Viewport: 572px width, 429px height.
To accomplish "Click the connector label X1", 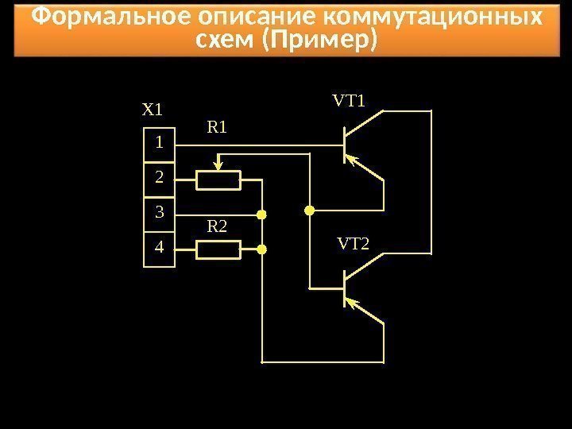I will click(151, 110).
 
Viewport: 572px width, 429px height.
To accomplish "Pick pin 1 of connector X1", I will click(160, 144).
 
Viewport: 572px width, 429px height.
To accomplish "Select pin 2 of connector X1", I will click(160, 177).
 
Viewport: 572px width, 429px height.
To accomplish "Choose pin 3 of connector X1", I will click(160, 212).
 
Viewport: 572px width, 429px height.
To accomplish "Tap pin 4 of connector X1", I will click(160, 247).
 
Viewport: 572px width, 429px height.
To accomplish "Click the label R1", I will click(217, 126).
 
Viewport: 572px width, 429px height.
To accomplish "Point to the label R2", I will click(217, 226).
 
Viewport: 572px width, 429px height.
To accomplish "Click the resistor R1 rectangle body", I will click(218, 181).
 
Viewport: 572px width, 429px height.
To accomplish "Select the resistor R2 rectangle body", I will click(218, 250).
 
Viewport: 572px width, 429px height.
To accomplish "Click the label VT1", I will click(348, 101).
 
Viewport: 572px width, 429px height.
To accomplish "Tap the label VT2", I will click(354, 242).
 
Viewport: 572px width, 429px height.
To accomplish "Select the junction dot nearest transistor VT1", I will click(310, 211).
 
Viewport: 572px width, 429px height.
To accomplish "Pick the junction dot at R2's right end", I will click(261, 249).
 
